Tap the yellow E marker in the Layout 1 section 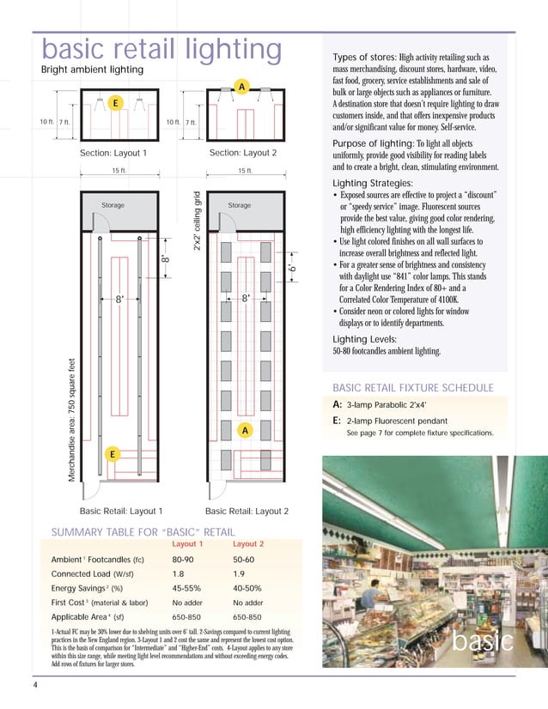coord(113,103)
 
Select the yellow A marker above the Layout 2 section coord(243,88)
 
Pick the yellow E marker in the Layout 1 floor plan coord(112,452)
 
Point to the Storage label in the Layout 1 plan coord(113,206)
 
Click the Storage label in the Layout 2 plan coord(240,206)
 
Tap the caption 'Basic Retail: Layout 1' coord(121,511)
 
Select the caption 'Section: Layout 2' coord(243,152)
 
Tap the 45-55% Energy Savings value coord(191,588)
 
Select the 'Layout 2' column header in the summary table coord(248,544)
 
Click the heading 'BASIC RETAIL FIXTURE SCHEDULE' coord(413,387)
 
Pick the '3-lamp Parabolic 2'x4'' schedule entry coord(387,404)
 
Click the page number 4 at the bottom coord(35,684)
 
